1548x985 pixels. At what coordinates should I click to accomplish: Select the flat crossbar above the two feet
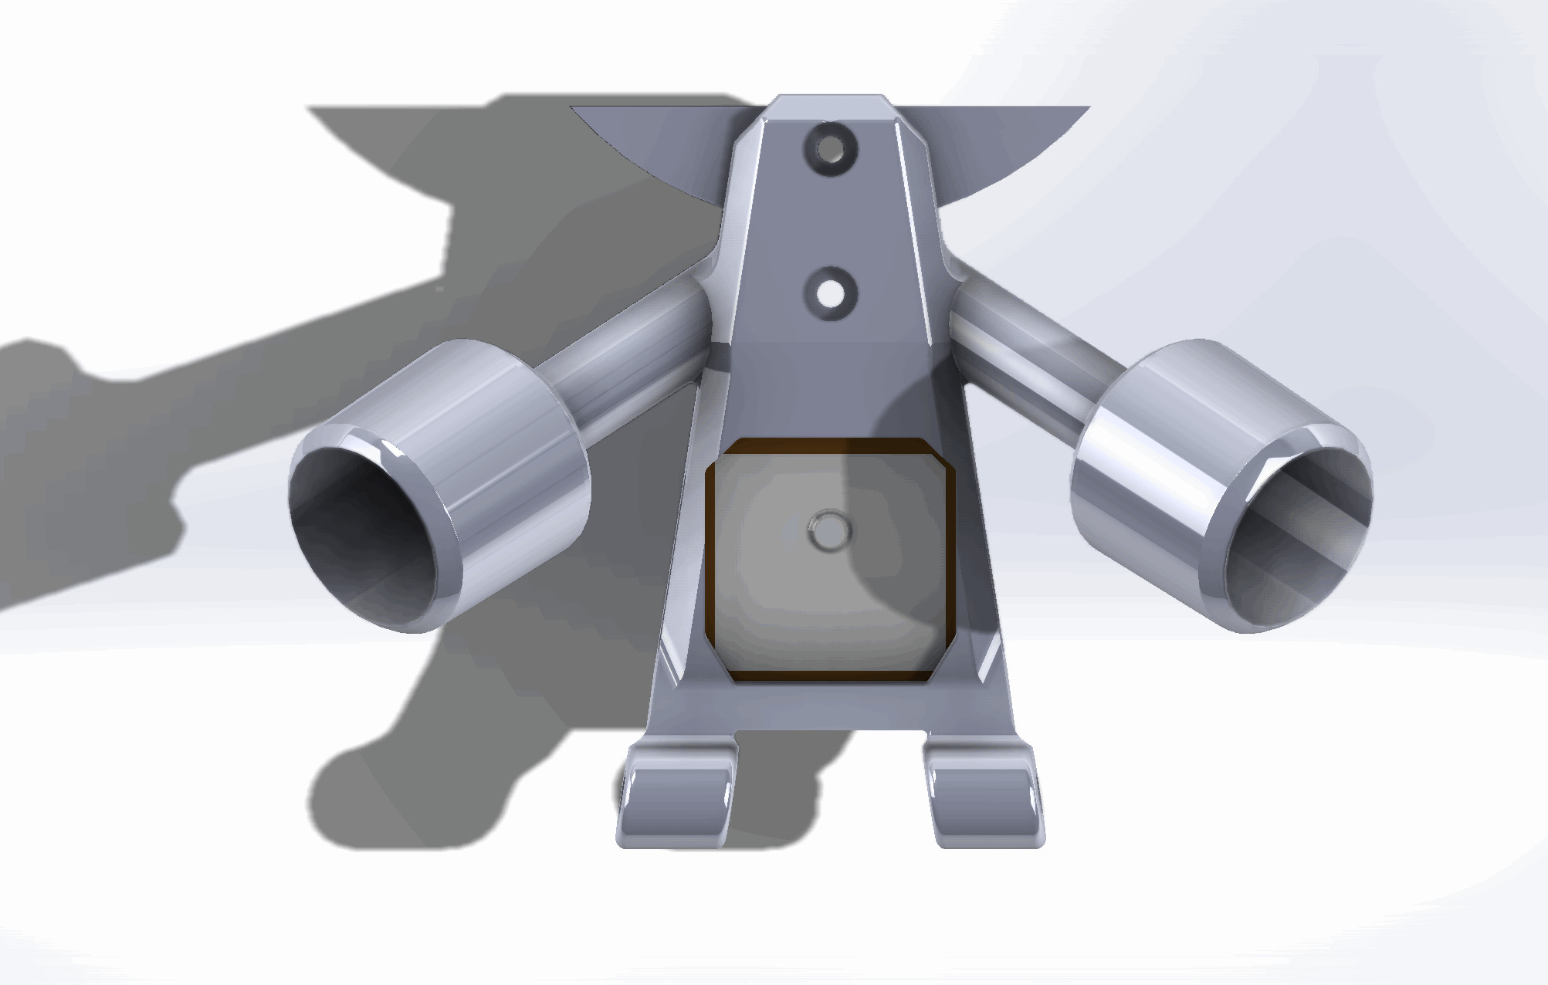(x=830, y=706)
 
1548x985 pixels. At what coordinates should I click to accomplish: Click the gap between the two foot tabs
(x=830, y=787)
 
